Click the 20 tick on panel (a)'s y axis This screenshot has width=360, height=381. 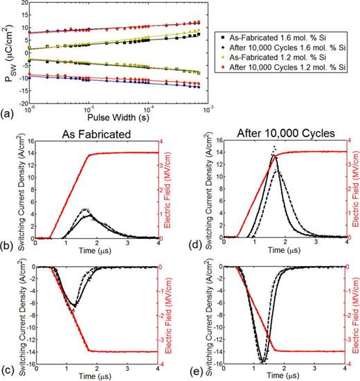click(x=21, y=3)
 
